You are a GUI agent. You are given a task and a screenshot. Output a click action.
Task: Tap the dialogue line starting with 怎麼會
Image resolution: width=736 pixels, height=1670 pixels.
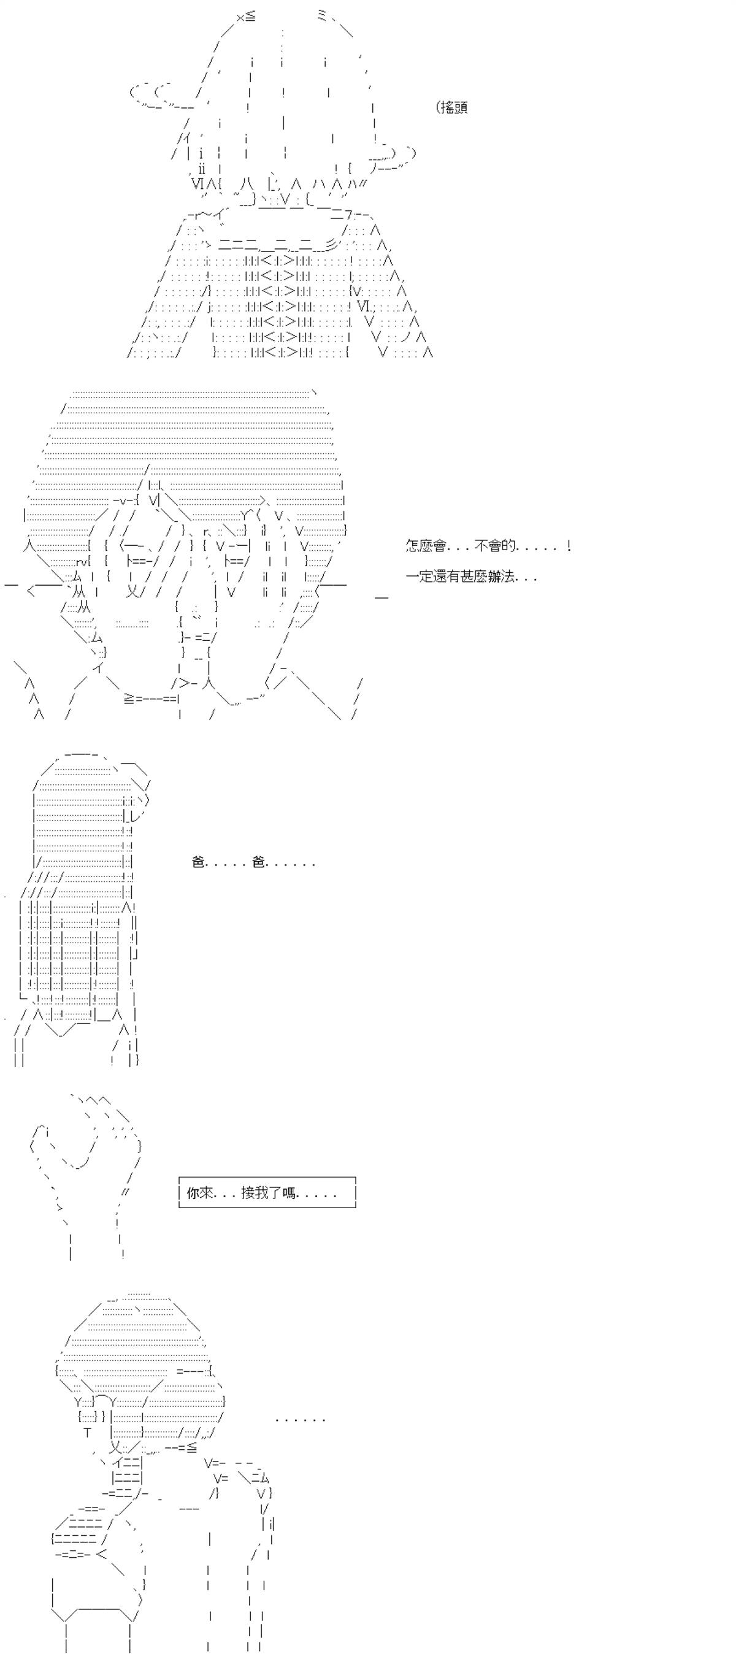(488, 546)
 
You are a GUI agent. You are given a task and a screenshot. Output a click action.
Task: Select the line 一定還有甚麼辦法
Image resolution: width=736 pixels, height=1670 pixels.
(472, 576)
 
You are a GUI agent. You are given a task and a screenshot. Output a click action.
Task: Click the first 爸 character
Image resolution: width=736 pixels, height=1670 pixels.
(199, 862)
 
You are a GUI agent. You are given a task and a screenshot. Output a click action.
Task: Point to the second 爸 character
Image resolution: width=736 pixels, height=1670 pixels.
(259, 862)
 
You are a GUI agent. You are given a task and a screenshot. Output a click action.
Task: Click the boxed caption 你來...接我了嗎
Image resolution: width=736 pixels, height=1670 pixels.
(267, 1192)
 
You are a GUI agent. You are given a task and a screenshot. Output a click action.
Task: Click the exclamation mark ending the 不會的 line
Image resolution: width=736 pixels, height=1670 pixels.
(569, 546)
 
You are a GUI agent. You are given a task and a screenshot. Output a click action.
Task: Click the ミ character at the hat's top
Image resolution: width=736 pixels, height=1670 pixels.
(322, 17)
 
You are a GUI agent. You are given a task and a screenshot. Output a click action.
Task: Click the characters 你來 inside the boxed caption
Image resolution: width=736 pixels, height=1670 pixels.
(200, 1192)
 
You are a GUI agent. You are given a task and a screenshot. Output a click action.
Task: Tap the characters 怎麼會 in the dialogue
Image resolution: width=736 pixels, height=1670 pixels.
(426, 546)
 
